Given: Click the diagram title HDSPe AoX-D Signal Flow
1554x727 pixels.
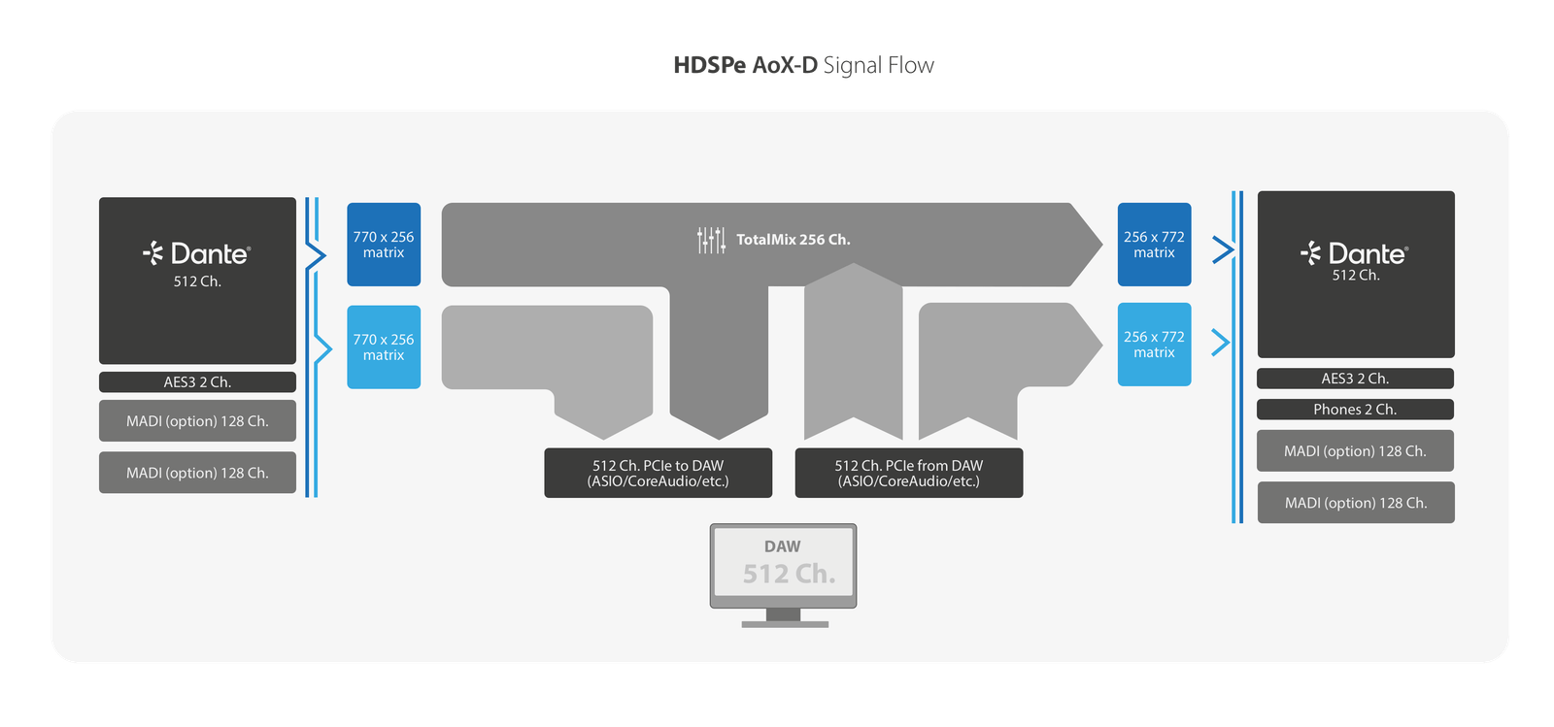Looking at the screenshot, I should (x=803, y=65).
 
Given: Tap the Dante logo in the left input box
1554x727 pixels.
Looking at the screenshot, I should (x=197, y=254).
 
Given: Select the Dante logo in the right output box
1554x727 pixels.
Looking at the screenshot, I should (x=1355, y=254).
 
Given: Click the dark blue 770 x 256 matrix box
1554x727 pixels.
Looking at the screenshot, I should (x=384, y=245).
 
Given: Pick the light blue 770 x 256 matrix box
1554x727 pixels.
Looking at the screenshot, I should (x=384, y=347).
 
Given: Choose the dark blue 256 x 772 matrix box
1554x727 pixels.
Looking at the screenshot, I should (x=1154, y=245).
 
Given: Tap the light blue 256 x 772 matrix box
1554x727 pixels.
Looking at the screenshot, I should (x=1154, y=345).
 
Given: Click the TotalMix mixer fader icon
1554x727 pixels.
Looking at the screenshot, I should (x=711, y=240).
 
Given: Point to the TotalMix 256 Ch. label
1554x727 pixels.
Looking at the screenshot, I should (x=793, y=240).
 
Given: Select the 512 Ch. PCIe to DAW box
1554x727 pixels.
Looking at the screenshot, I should (x=658, y=473).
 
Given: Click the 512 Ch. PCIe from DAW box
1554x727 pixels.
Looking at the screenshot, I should (x=908, y=473).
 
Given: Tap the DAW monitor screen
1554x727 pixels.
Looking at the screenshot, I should (x=783, y=564).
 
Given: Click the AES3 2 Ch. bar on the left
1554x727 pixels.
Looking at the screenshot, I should (x=197, y=382).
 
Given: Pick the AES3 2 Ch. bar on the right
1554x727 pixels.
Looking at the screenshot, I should (x=1355, y=379).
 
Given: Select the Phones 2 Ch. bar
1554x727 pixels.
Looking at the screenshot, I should (x=1355, y=410).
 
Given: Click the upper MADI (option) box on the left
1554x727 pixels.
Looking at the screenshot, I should (x=197, y=421).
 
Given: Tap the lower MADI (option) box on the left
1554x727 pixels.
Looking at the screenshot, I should (x=197, y=473).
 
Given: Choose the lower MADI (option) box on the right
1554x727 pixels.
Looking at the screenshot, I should (x=1356, y=503).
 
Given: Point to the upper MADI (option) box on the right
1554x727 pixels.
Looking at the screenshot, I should (x=1355, y=451).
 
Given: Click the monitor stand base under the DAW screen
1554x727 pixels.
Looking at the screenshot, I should (x=785, y=624).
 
